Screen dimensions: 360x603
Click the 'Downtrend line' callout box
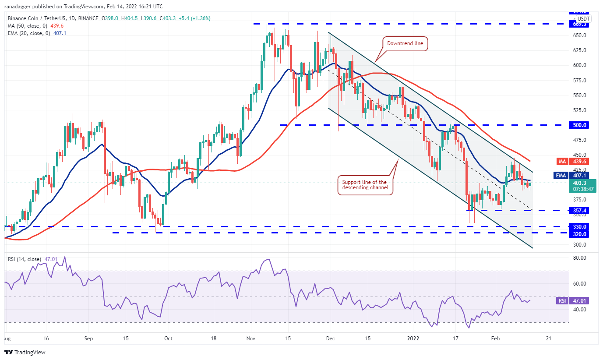point(405,44)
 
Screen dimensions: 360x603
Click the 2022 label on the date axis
point(413,339)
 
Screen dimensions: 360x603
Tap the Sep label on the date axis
point(89,339)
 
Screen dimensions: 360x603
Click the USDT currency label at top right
point(583,19)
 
